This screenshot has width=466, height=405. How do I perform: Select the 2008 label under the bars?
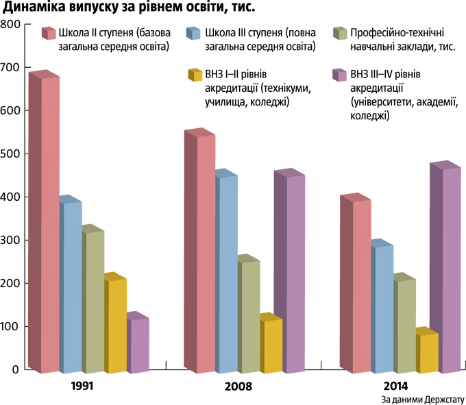(238, 386)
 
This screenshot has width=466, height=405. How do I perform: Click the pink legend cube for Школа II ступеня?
(48, 34)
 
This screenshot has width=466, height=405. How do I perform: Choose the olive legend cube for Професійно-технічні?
(339, 34)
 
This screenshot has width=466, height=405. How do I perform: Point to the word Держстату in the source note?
(442, 398)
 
